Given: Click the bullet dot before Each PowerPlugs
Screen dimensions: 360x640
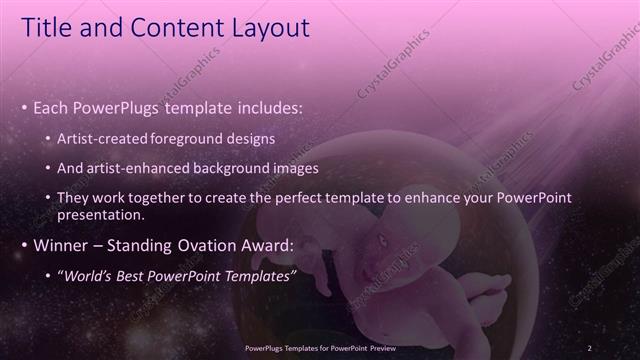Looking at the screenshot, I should (x=24, y=107).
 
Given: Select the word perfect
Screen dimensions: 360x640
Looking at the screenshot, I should (x=302, y=197).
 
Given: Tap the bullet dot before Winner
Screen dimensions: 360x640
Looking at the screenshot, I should (x=24, y=245).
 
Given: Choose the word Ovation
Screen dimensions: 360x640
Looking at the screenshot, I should (x=197, y=245).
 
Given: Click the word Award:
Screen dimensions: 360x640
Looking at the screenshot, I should (x=261, y=245).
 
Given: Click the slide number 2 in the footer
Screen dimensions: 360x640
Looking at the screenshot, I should (x=590, y=347).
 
